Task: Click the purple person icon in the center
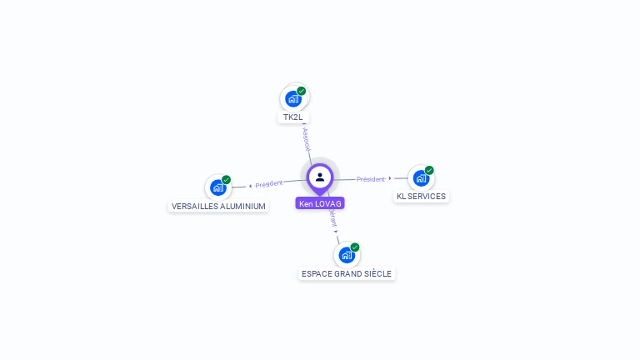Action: [x=320, y=177]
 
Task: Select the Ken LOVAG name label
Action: [x=320, y=203]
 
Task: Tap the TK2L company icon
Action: [x=292, y=99]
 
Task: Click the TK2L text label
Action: [x=292, y=117]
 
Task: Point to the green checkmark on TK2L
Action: [x=302, y=91]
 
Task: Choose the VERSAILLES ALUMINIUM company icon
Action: [x=218, y=187]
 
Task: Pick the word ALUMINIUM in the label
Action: [x=244, y=207]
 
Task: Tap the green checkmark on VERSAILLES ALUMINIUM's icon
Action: [x=227, y=180]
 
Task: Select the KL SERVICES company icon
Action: [x=421, y=178]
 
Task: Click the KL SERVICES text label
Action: [x=421, y=197]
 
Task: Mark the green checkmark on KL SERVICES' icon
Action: [x=429, y=170]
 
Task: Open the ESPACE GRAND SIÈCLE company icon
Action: [x=346, y=255]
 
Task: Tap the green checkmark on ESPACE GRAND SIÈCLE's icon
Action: [x=355, y=247]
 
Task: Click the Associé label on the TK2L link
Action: [x=306, y=138]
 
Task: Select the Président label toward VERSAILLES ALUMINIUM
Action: [x=269, y=184]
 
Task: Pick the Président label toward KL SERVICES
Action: [x=371, y=179]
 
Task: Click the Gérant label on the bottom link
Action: [x=332, y=217]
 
